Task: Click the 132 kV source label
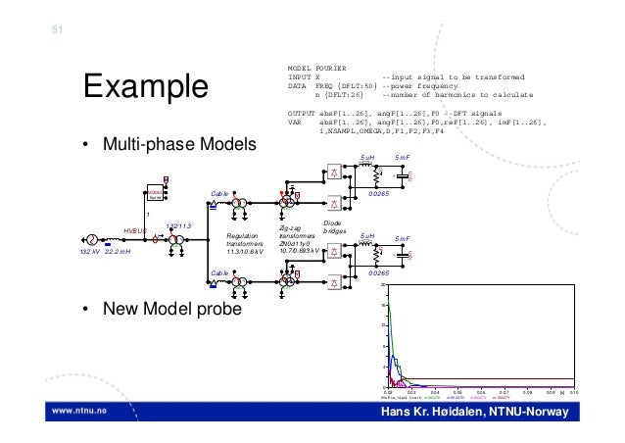click(91, 252)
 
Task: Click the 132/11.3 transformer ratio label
click(178, 226)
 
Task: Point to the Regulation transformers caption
click(244, 244)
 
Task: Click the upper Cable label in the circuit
click(219, 194)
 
